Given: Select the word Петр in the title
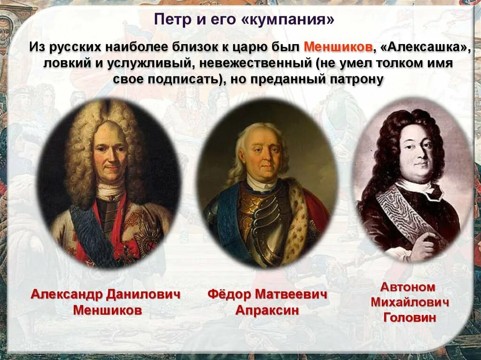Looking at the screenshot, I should click(x=171, y=20).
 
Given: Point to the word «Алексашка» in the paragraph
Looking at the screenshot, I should click(x=423, y=47).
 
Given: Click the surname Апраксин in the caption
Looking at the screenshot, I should click(x=267, y=310).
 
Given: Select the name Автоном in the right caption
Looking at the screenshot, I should click(x=408, y=287).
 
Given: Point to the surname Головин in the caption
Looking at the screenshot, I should click(x=410, y=317).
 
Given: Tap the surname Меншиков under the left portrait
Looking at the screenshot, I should click(x=108, y=310).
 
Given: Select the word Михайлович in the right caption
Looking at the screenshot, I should click(x=410, y=302).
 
